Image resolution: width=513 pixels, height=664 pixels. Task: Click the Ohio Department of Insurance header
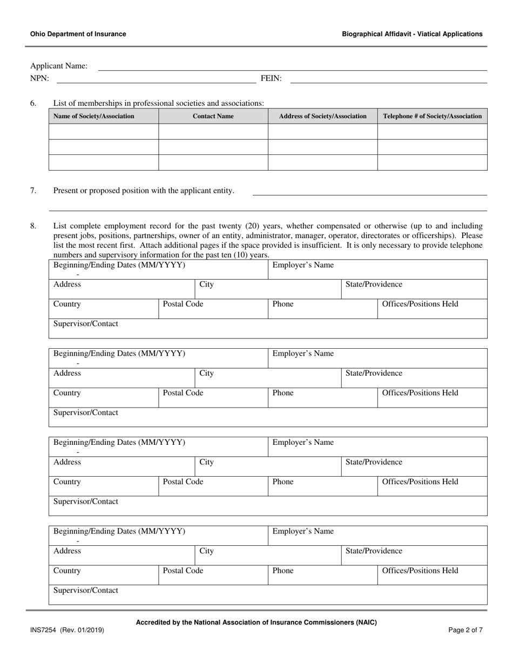tap(78, 34)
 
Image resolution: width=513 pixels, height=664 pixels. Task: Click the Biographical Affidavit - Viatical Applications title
tap(412, 34)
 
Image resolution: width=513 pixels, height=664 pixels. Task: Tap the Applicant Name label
tap(59, 66)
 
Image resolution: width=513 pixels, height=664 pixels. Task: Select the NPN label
tap(39, 78)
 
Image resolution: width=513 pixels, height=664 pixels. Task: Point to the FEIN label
tap(271, 78)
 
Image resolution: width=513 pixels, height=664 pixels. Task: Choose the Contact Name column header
tap(213, 116)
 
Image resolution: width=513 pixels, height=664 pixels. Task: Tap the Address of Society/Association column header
tap(323, 116)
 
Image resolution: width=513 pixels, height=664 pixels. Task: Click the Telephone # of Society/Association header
tap(432, 116)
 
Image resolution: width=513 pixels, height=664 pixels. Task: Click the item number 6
tap(33, 103)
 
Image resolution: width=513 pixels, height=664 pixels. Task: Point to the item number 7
tap(33, 191)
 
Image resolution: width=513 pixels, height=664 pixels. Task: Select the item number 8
tap(33, 226)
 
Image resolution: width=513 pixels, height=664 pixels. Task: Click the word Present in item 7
tap(66, 191)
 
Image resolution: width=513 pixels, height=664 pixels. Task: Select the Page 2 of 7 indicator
tap(465, 630)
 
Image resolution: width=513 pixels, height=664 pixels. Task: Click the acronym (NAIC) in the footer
tap(366, 622)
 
